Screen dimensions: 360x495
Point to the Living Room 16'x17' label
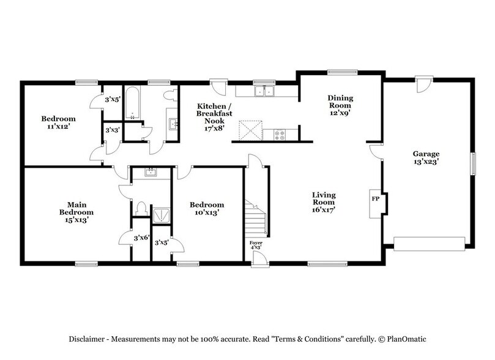coord(323,203)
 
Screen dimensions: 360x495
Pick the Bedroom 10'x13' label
coord(206,209)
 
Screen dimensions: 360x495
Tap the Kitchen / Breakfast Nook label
coord(214,113)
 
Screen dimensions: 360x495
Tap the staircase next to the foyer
coord(256,218)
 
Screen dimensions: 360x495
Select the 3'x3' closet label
coord(111,130)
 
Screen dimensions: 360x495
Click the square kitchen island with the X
coord(249,130)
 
